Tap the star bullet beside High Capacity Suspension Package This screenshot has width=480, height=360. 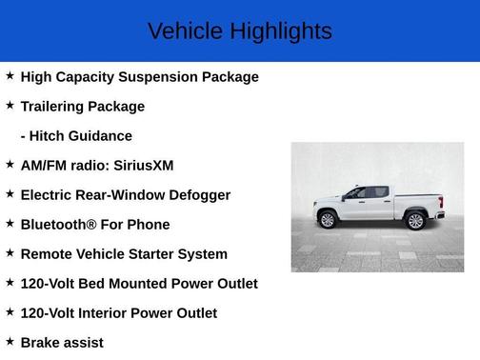pos(10,76)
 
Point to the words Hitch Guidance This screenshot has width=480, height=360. pos(82,136)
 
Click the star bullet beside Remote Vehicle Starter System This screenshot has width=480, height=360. pos(10,253)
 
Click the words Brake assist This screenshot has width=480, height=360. pos(62,343)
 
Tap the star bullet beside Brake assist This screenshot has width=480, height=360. pos(10,342)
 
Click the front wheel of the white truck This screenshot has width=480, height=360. pos(329,220)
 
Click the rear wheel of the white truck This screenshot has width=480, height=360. pos(415,221)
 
